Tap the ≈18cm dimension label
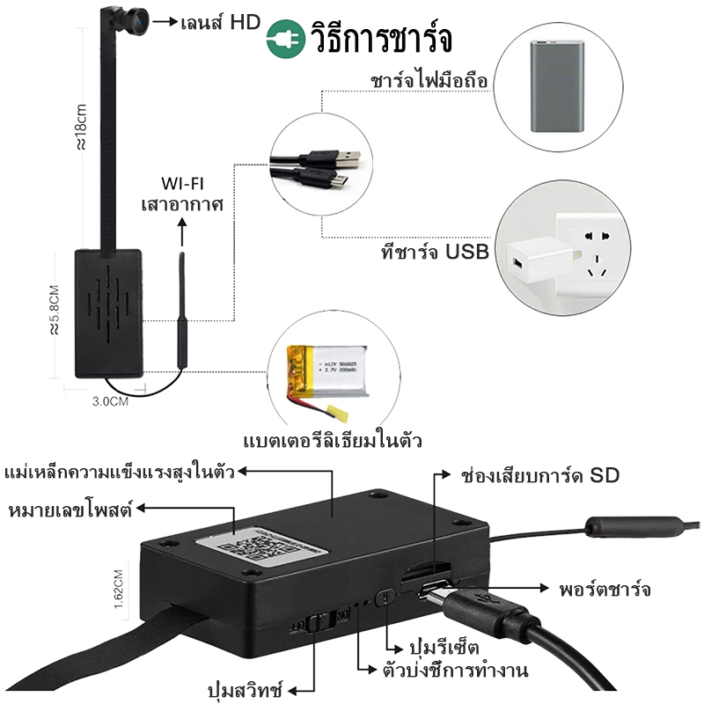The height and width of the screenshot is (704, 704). coord(78,128)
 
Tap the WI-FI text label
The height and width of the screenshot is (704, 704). coord(183,185)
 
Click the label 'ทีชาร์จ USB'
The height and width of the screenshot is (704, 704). coord(429,252)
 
